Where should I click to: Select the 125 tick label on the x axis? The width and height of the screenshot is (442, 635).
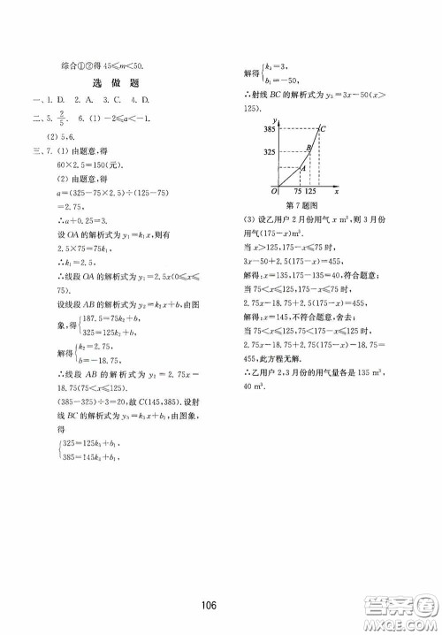click(x=316, y=216)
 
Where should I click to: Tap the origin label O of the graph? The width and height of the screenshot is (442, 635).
click(x=275, y=215)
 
